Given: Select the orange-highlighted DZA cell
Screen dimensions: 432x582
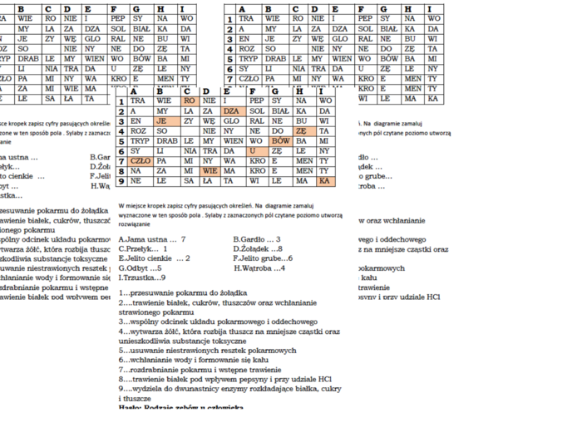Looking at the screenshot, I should click(232, 110).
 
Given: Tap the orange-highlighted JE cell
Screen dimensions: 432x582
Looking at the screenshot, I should click(163, 120).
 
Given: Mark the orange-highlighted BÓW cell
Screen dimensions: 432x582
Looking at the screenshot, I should click(280, 140).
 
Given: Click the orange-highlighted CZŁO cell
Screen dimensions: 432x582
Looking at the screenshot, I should click(141, 161).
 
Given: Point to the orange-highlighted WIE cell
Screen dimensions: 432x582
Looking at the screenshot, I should click(210, 171).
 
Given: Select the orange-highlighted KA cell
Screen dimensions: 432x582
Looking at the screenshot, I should click(324, 181).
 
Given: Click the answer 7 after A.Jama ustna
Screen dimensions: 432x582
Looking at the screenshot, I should click(183, 239).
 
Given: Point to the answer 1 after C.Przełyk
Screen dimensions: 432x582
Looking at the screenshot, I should click(165, 248).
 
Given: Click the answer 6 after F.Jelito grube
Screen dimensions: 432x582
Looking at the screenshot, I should click(289, 258).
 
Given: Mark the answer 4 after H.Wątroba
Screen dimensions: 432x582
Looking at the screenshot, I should click(284, 268).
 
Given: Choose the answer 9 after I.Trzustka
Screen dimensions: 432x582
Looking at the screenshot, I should click(163, 277).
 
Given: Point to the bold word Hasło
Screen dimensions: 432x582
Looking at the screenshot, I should click(131, 407).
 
